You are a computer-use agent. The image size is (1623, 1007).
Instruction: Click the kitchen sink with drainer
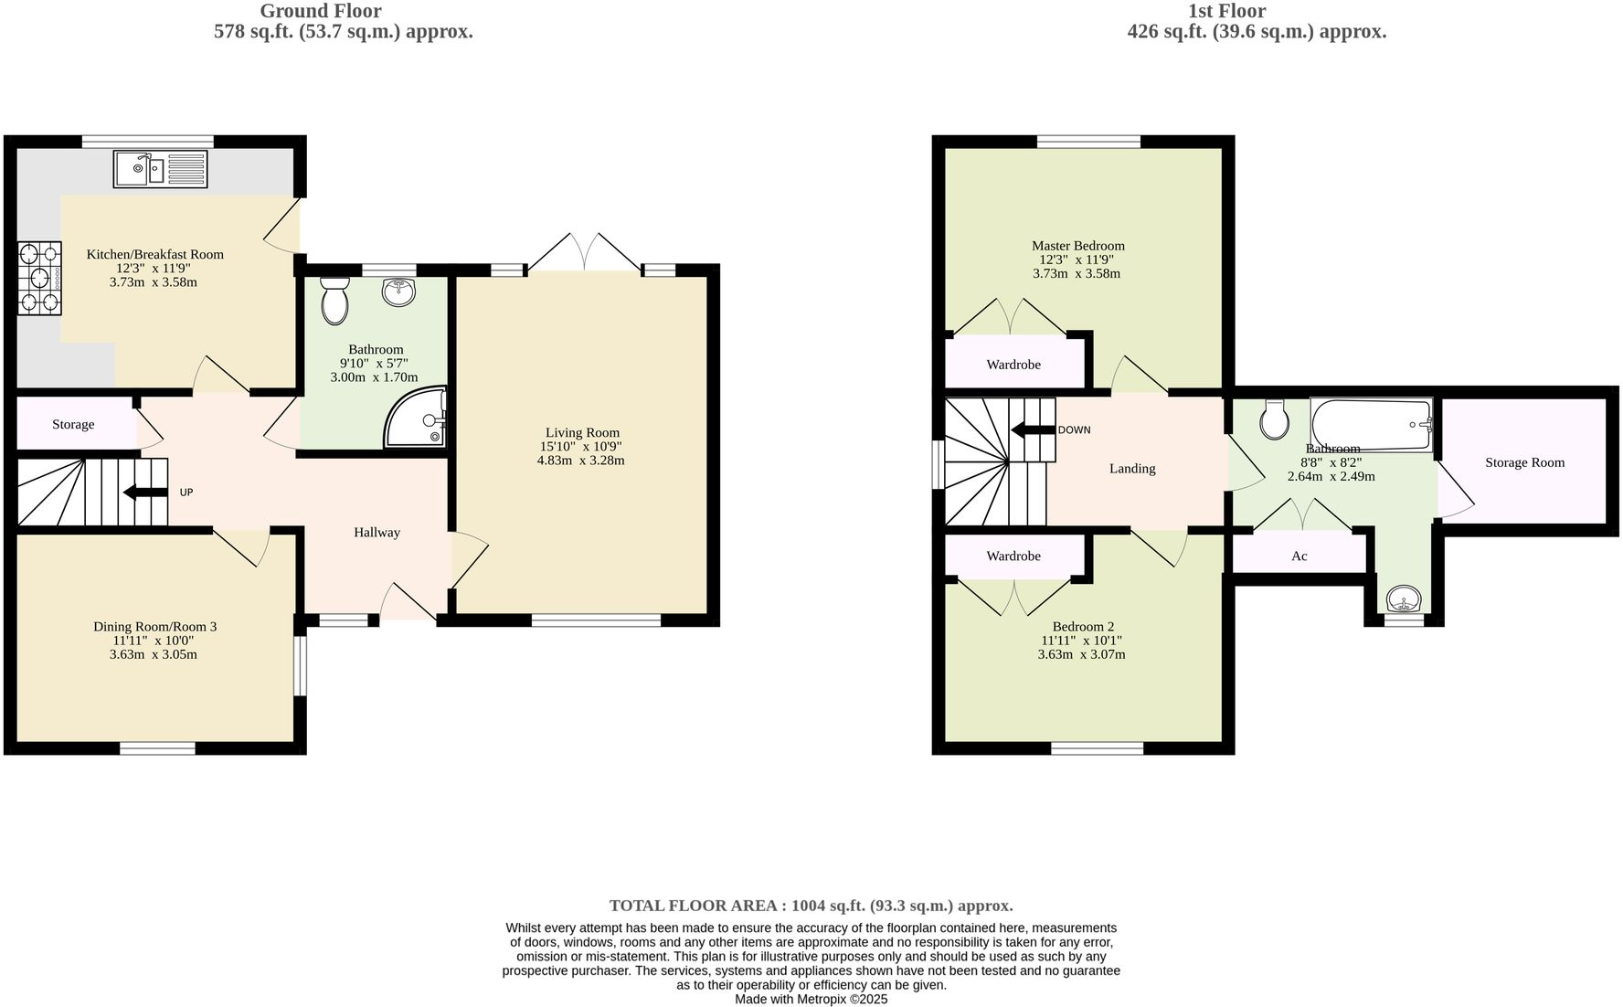click(161, 169)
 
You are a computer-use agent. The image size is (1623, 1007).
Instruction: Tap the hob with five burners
click(39, 278)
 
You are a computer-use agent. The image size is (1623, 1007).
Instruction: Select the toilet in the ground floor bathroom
click(335, 301)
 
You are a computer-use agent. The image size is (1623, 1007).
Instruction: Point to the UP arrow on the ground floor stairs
click(145, 493)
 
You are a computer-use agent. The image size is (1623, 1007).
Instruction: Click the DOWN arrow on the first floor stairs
click(1033, 429)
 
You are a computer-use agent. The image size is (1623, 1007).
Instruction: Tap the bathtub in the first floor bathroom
click(1371, 425)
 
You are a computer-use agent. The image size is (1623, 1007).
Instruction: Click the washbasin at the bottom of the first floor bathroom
click(1403, 600)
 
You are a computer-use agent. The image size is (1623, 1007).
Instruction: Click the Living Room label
click(582, 433)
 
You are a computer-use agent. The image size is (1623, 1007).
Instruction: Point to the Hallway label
click(377, 533)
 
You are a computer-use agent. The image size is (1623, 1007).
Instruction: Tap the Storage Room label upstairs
click(1524, 462)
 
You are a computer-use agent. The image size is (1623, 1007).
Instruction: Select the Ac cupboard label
click(1299, 556)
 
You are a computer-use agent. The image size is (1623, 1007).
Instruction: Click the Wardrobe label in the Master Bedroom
click(1013, 365)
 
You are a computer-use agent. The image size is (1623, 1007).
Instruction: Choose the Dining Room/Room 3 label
click(155, 627)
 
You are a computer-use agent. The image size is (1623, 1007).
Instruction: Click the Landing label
click(1132, 469)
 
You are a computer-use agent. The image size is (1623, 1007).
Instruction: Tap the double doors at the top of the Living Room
click(585, 253)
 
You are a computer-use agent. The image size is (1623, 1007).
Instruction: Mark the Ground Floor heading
click(320, 11)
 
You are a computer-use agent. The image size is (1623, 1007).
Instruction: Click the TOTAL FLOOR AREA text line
click(811, 906)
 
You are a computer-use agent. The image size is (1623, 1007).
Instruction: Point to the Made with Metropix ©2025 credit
click(811, 999)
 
